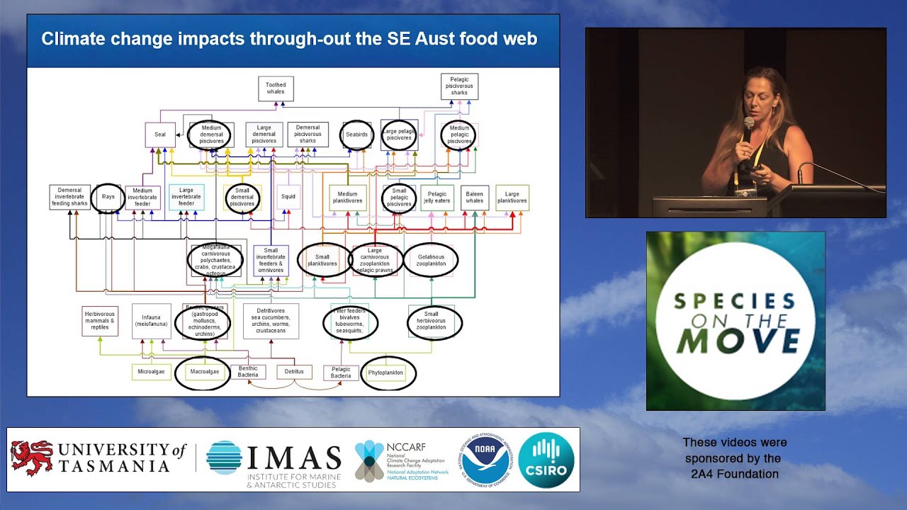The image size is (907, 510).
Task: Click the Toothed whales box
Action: click(x=276, y=89)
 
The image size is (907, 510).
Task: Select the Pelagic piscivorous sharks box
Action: click(x=459, y=86)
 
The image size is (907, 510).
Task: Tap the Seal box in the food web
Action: click(x=160, y=135)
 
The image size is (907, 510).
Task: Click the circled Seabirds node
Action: click(x=356, y=135)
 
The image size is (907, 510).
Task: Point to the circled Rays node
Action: click(x=108, y=198)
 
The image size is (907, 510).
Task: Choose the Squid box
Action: click(x=288, y=198)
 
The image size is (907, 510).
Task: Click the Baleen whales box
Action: click(x=475, y=198)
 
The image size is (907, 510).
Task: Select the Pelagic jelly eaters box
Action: click(x=437, y=198)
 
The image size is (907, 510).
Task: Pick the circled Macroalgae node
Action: click(x=203, y=372)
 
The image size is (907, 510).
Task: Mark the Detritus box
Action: click(x=294, y=372)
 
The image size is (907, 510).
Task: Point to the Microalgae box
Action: click(x=151, y=372)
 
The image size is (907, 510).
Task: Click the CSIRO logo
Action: click(x=546, y=460)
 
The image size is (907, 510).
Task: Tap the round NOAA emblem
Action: click(x=485, y=460)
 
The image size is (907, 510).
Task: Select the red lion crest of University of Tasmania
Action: click(x=33, y=458)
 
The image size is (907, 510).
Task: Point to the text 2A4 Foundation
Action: click(x=734, y=474)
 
